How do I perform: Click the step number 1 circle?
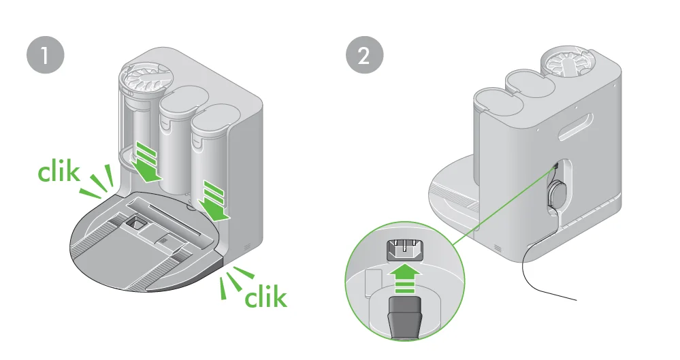46,54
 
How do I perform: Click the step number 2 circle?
364,54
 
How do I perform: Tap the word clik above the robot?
59,172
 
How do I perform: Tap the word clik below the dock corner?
266,297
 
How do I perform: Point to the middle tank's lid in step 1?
184,100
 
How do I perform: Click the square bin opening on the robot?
135,223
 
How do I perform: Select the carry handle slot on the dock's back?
576,127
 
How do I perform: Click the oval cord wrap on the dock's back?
555,193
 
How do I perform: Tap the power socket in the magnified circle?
404,250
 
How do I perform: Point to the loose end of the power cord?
577,299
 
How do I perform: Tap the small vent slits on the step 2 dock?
498,248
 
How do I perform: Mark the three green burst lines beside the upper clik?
99,182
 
